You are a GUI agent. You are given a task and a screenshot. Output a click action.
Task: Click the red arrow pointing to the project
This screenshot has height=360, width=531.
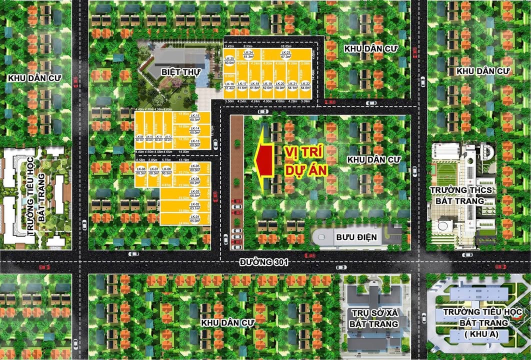(x=263, y=159)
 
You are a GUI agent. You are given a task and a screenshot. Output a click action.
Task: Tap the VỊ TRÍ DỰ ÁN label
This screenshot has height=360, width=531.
(x=305, y=160)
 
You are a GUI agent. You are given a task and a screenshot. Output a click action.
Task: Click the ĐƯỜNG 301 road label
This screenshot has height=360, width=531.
(x=264, y=262)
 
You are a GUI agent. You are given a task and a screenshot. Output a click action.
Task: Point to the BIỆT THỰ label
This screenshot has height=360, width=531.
(x=180, y=72)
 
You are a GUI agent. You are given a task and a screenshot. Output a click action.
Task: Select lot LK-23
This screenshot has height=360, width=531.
(x=286, y=55)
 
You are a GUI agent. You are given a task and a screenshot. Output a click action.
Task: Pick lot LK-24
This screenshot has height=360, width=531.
(x=248, y=55)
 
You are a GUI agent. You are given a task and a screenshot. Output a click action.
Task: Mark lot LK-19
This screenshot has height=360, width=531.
(x=267, y=85)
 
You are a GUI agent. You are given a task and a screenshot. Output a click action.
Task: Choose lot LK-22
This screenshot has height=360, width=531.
(x=305, y=85)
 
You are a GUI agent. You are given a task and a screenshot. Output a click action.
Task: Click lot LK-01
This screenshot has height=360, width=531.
(x=195, y=218)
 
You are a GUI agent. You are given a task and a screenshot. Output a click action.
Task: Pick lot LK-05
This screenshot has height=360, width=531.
(x=195, y=167)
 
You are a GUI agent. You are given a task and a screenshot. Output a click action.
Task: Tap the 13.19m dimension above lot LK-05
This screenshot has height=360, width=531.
(x=183, y=160)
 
